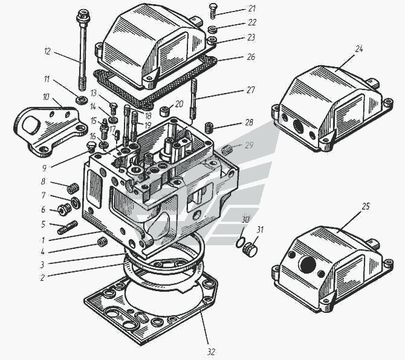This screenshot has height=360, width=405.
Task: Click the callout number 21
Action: (251, 9)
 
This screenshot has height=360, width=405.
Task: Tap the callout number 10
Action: (46, 96)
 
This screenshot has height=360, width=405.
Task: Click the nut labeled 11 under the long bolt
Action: (80, 98)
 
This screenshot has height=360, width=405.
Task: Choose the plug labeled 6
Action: (62, 210)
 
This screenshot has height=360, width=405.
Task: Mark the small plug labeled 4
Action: (102, 243)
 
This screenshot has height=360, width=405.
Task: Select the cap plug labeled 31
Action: (251, 249)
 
